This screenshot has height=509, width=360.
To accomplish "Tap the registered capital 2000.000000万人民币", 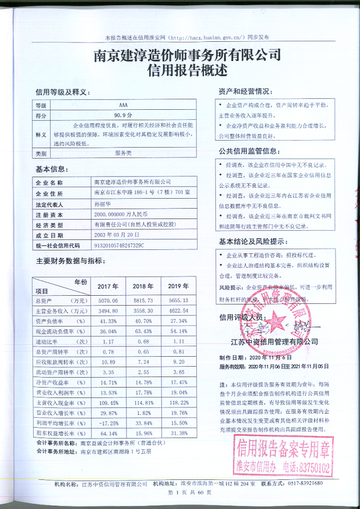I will pyautogui.click(x=118, y=214).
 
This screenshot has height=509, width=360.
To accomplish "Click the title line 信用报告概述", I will pyautogui.click(x=179, y=71).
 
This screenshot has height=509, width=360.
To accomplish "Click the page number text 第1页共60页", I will pyautogui.click(x=181, y=493).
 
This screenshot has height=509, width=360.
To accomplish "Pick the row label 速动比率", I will pyautogui.click(x=60, y=341).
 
